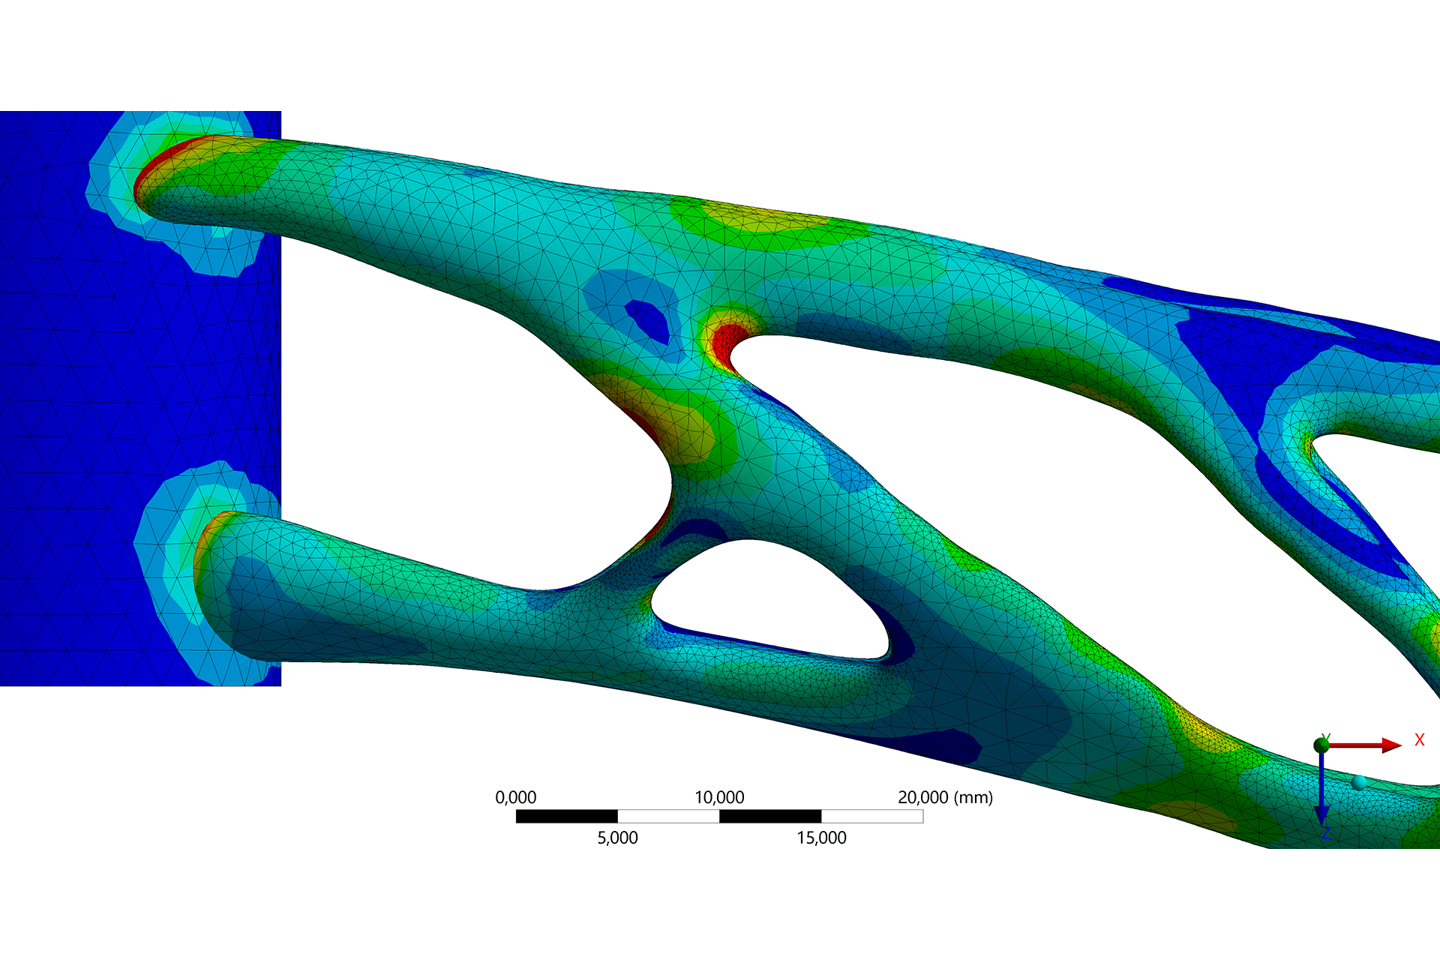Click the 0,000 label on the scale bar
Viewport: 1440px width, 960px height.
pos(515,797)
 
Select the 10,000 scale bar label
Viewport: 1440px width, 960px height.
pos(719,797)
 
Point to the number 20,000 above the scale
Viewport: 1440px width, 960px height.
pos(922,797)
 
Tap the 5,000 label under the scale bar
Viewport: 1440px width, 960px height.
pos(617,838)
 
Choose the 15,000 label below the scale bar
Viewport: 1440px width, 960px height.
pos(821,838)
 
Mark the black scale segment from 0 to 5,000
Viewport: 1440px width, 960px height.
pos(566,816)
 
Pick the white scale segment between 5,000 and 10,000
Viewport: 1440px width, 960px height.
pos(668,816)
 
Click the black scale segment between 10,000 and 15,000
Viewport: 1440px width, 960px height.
pos(770,816)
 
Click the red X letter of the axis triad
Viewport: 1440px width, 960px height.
pos(1419,740)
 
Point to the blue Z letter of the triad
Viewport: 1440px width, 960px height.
pos(1325,833)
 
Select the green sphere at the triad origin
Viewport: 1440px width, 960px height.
pos(1321,745)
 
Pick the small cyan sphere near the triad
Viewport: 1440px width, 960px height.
pos(1359,783)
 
